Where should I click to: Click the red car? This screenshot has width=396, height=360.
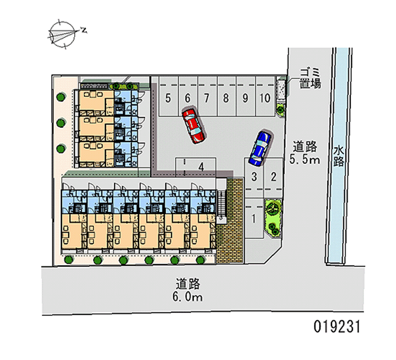pos(194,126)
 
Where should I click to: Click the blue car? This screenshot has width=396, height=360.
pos(260,149)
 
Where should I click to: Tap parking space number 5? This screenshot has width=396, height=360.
pos(169,97)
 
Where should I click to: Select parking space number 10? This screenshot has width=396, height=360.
pos(265,97)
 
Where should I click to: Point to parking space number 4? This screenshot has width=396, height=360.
pos(196,167)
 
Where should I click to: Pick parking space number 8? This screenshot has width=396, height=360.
pos(227,97)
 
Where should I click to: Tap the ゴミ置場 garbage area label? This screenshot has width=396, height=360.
pos(310,78)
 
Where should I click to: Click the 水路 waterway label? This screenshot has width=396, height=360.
pos(339,156)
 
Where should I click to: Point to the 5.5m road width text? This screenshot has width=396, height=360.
pos(304,159)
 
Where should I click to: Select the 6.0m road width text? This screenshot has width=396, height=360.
pos(188,297)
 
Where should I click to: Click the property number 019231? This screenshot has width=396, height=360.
pos(337,326)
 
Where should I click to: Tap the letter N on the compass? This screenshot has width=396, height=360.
pos(84,30)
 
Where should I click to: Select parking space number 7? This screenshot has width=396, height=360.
pos(207,97)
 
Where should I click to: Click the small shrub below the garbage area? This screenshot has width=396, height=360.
pos(280,109)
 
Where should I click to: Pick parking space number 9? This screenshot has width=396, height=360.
pos(246,97)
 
